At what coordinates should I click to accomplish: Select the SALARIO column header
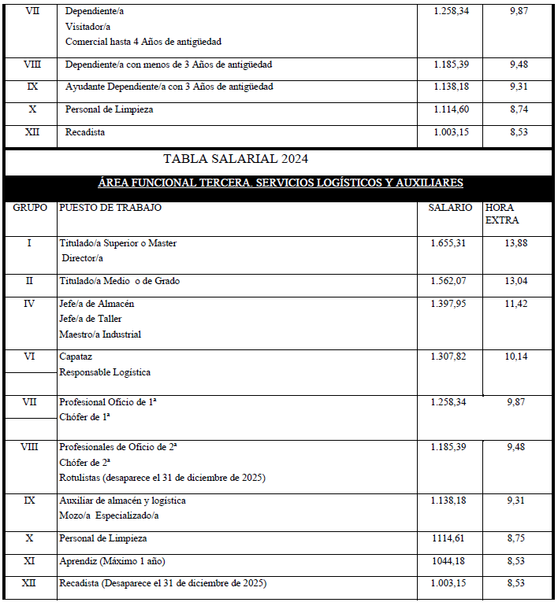click(x=450, y=208)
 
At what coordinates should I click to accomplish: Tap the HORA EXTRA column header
click(x=502, y=214)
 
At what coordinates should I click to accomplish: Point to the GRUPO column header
click(x=29, y=208)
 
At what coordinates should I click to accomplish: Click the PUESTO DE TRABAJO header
click(x=110, y=208)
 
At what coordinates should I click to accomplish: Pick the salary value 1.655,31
click(x=448, y=243)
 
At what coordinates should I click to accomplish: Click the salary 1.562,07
click(x=448, y=281)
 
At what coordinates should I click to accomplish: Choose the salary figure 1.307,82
click(x=448, y=357)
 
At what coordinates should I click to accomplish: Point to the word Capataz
click(x=76, y=357)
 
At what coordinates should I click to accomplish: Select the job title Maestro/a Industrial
click(x=100, y=334)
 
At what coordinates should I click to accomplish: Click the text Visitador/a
click(x=88, y=26)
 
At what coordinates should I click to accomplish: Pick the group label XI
click(x=29, y=561)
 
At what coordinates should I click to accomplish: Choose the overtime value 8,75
click(x=518, y=538)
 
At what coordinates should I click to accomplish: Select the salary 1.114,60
click(x=452, y=109)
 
